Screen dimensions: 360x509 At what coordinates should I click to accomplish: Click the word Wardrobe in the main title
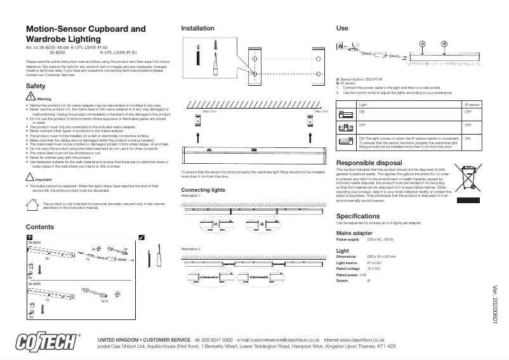click(47, 39)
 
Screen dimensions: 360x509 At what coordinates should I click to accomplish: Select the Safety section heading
click(35, 86)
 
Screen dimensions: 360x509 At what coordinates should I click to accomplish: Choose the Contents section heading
click(39, 227)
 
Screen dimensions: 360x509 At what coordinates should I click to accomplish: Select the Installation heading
click(198, 29)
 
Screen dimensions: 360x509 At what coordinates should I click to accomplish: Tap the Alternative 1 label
click(190, 196)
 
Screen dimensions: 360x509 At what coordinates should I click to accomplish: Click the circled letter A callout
click(421, 43)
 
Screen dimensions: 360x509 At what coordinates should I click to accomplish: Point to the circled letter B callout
click(444, 43)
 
